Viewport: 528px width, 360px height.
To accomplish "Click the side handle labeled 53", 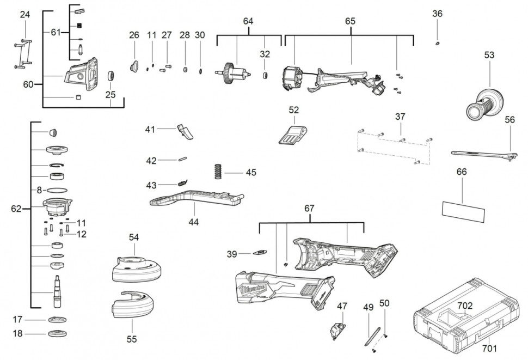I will point(483,103).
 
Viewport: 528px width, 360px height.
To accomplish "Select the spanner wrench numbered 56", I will point(482,154).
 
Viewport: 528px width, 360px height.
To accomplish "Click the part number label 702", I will point(464,306).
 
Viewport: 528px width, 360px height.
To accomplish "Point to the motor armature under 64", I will point(236,72).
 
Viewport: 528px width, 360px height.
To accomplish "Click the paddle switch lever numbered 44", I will point(195,198).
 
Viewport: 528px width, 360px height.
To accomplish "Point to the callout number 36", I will point(438,14).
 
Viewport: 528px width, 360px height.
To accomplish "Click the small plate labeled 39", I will point(261,252).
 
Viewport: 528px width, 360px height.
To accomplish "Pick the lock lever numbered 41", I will point(185,131).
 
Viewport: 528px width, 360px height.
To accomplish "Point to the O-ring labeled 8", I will point(57,190).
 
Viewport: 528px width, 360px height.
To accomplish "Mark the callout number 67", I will point(310,209).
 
